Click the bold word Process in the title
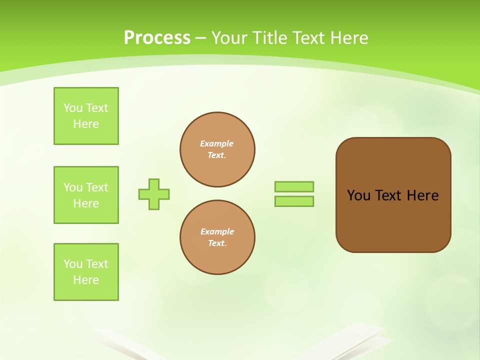click(157, 38)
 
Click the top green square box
click(86, 116)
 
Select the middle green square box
click(86, 195)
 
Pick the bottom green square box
click(86, 272)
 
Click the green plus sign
click(154, 194)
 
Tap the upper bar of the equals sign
click(294, 186)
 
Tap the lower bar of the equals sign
click(294, 201)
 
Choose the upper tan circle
click(217, 149)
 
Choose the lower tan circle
click(217, 237)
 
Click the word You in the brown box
click(358, 195)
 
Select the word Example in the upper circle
click(217, 143)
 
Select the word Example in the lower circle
click(217, 231)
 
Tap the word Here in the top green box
click(86, 124)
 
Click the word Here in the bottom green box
click(86, 280)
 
